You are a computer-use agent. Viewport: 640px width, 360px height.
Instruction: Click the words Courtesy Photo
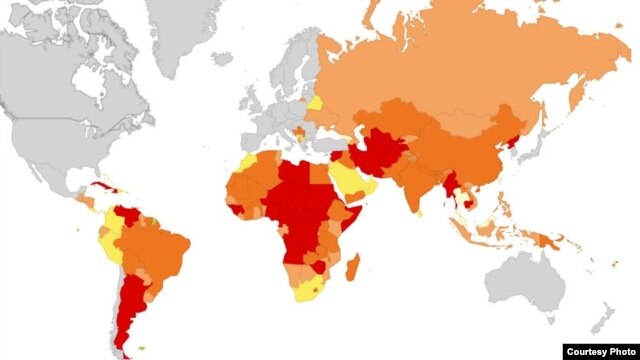click(599, 351)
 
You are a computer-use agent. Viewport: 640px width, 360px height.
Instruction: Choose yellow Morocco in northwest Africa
click(250, 162)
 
